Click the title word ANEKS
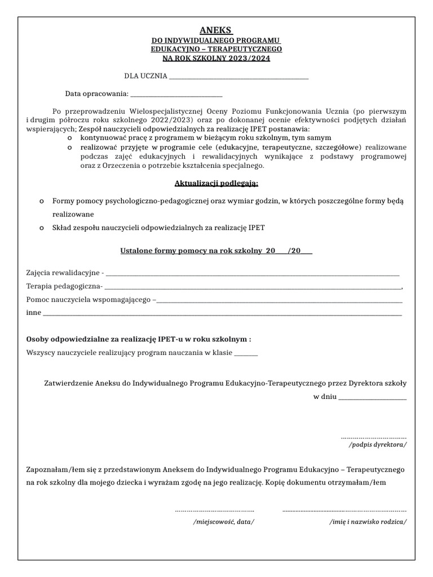[216, 30]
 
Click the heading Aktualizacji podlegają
[216, 183]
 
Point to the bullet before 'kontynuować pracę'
[69, 137]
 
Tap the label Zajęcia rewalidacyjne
[63, 273]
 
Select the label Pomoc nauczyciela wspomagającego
[89, 299]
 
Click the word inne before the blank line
[34, 313]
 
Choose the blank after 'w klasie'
[245, 353]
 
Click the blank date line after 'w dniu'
[373, 397]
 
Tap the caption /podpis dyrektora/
[377, 445]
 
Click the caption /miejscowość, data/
[223, 521]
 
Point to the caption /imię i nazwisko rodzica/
[368, 521]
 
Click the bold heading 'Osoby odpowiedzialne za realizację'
[138, 339]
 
